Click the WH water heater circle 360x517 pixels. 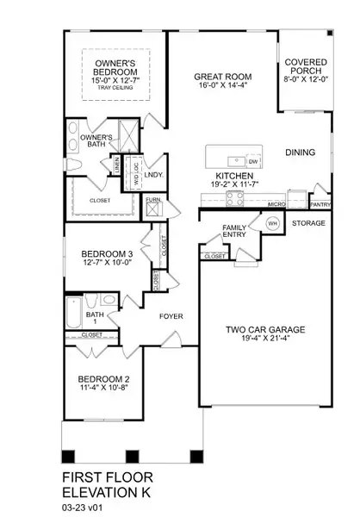(272, 223)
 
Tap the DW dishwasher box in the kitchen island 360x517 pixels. (253, 161)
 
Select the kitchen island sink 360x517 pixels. (236, 162)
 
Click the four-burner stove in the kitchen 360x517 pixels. (235, 198)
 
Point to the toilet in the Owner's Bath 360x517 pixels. (74, 165)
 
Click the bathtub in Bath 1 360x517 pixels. (73, 312)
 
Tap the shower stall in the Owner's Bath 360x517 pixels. (128, 136)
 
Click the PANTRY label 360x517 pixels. (320, 204)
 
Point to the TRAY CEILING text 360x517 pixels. (115, 88)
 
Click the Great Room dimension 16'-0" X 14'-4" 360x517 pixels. (223, 85)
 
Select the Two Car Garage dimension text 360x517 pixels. (265, 338)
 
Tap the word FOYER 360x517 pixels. (171, 316)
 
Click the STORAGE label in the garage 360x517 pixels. (308, 223)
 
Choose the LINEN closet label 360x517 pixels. (117, 165)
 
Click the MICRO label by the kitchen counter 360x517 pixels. (276, 204)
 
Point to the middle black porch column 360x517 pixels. (132, 457)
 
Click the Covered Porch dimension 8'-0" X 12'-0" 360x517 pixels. (307, 79)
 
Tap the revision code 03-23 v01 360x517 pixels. (84, 508)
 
